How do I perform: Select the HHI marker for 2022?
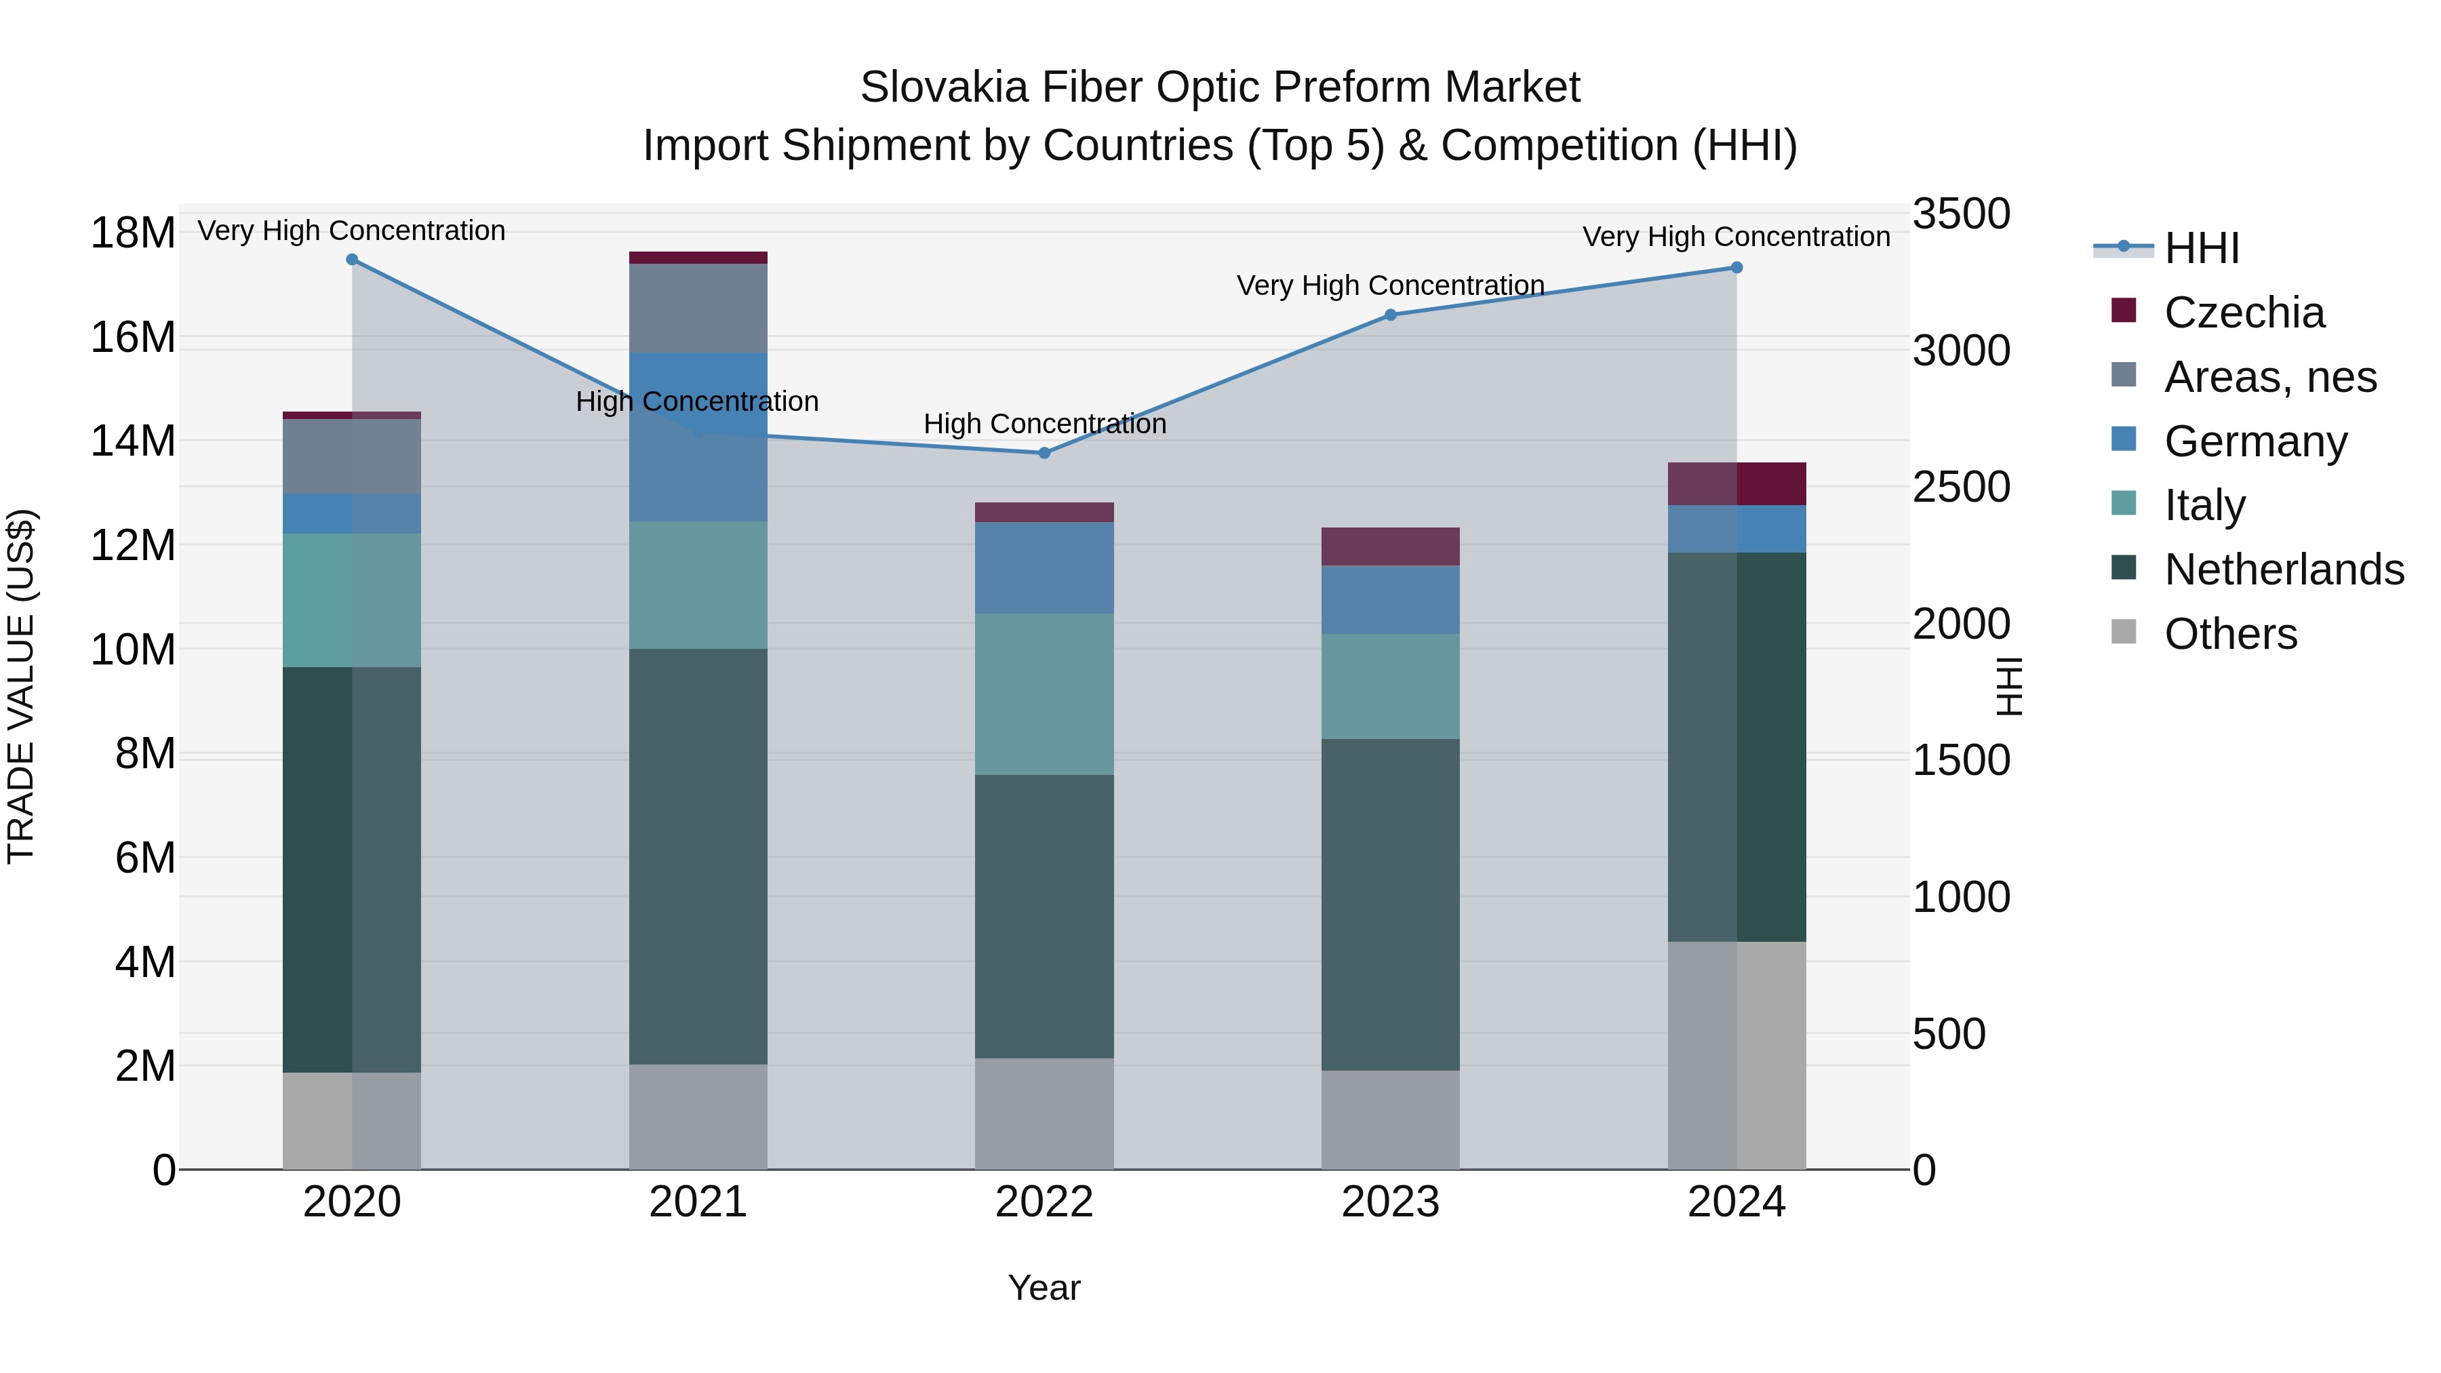point(1044,453)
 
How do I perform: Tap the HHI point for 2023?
point(1390,315)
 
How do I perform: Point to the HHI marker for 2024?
point(1736,268)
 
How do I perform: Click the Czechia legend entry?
point(2244,313)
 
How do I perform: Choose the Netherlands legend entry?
point(2284,570)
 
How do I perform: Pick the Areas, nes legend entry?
point(2270,377)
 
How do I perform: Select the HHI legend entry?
point(2201,248)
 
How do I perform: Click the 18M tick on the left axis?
point(133,233)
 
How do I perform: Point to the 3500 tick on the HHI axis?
point(1960,214)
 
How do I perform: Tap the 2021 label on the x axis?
point(698,1202)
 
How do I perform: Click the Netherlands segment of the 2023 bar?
point(1390,905)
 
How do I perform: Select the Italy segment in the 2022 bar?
point(1044,694)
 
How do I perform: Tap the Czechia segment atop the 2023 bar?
point(1390,546)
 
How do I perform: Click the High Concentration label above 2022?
point(1044,424)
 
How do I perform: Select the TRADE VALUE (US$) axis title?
point(21,686)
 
